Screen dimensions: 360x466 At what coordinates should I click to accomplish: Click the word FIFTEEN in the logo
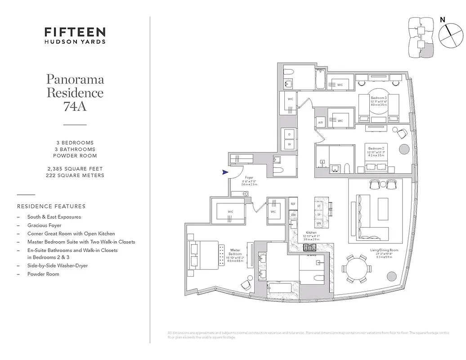[x=75, y=32]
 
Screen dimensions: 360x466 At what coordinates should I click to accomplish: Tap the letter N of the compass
[x=443, y=20]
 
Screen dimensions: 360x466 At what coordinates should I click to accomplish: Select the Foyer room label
[x=249, y=177]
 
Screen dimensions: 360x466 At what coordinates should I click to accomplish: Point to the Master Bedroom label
[x=235, y=250]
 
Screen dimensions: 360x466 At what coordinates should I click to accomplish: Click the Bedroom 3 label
[x=378, y=98]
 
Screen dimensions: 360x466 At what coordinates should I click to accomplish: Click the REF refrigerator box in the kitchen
[x=293, y=204]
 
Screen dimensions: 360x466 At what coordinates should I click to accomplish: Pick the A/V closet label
[x=321, y=122]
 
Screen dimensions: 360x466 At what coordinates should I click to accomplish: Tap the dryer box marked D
[x=289, y=134]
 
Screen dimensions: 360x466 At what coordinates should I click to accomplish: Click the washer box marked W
[x=289, y=144]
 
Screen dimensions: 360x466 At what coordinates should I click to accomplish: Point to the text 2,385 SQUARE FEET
[x=75, y=169]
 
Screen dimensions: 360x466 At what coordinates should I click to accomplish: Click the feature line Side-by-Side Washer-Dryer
[x=57, y=265]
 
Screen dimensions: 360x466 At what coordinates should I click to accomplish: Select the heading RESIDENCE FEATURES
[x=51, y=207]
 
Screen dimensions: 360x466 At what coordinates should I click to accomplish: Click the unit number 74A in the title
[x=75, y=107]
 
